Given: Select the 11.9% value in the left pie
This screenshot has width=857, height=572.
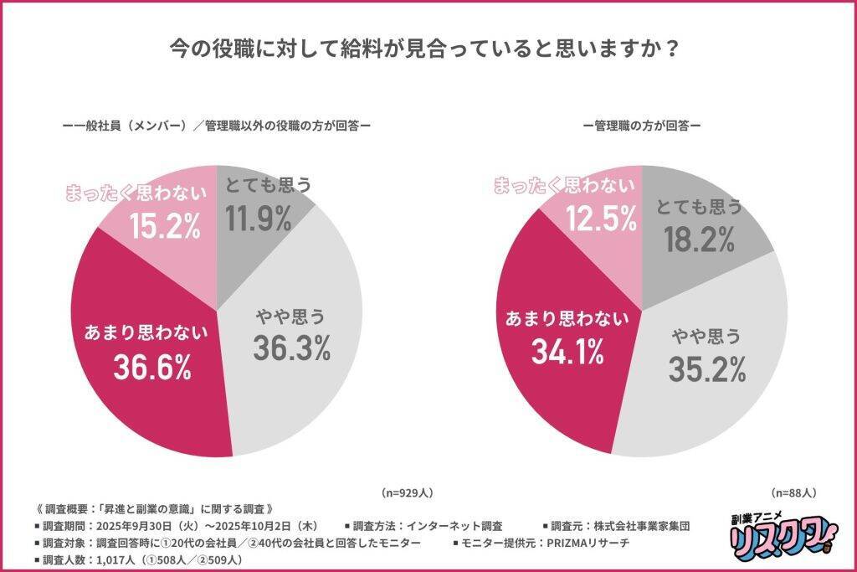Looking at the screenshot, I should click(258, 218).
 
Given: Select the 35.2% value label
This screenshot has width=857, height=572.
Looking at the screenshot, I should click(706, 367).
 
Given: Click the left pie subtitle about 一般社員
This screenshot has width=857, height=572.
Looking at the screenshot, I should click(216, 126).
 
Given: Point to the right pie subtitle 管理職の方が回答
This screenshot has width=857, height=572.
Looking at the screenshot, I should click(642, 126).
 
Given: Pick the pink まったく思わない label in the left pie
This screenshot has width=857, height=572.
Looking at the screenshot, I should click(136, 193).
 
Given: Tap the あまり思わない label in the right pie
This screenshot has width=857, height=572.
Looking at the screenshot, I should click(566, 318).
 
